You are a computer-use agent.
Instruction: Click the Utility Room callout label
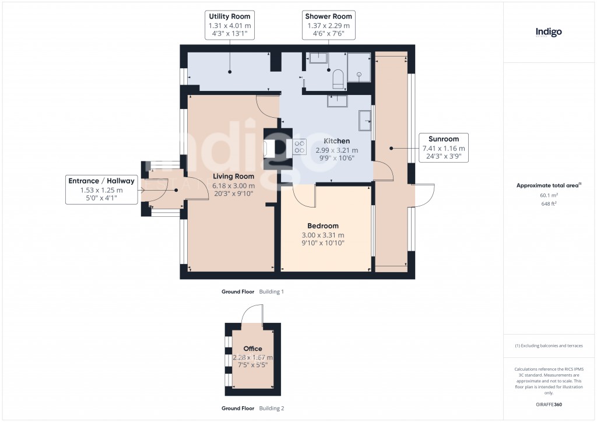click(x=229, y=25)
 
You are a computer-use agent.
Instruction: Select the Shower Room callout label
click(x=329, y=25)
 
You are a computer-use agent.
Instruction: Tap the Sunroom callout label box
click(x=444, y=148)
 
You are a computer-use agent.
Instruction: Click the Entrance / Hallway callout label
click(x=101, y=190)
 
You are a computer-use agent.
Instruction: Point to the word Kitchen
click(x=336, y=141)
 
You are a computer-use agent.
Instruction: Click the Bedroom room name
click(x=323, y=226)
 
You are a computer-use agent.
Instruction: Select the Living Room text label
click(x=233, y=176)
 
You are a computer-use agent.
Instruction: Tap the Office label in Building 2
click(x=252, y=349)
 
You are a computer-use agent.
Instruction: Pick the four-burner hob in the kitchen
click(x=300, y=147)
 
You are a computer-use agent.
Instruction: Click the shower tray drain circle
click(x=360, y=75)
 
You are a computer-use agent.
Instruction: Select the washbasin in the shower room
click(x=318, y=58)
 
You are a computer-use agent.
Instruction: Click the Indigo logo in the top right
click(x=549, y=33)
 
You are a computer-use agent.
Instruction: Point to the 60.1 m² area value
click(x=548, y=196)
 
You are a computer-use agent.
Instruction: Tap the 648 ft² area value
click(x=548, y=204)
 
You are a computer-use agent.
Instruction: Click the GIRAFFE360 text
click(x=548, y=404)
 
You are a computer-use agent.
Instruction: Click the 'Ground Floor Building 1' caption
click(x=252, y=291)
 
